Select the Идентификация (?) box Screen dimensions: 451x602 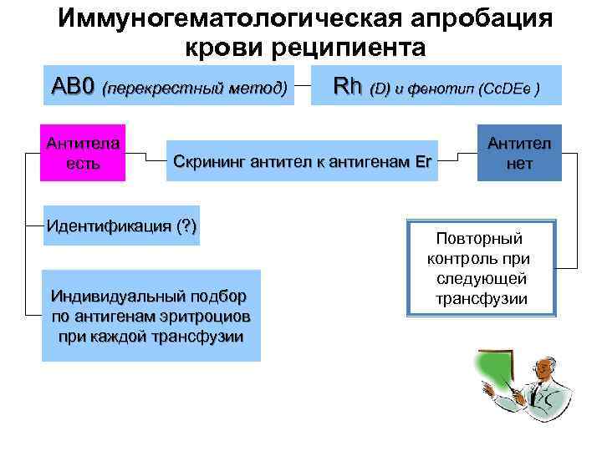point(123,225)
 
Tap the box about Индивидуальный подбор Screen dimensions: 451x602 point(151,316)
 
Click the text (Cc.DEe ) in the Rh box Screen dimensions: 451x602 point(500,89)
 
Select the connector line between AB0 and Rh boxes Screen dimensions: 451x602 point(304,84)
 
